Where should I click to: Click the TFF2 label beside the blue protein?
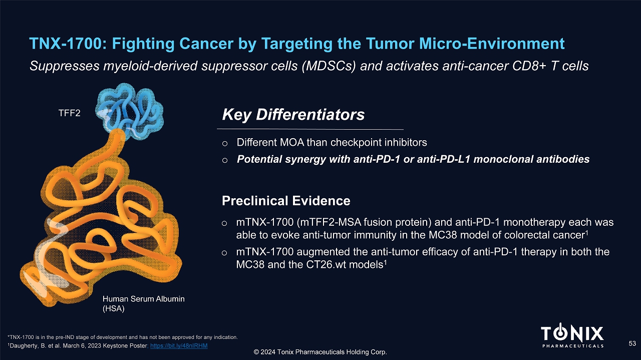pos(69,113)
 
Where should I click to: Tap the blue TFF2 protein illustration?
pos(129,112)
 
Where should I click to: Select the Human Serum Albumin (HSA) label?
pos(143,303)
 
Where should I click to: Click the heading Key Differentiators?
pos(293,115)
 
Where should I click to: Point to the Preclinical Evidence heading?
pos(286,201)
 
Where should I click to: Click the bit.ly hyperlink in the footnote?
pos(179,345)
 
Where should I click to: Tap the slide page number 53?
pos(632,343)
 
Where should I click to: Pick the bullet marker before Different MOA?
pos(225,143)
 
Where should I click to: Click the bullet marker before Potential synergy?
pos(225,160)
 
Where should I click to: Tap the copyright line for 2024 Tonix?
pos(320,352)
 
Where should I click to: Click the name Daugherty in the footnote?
pos(24,345)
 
